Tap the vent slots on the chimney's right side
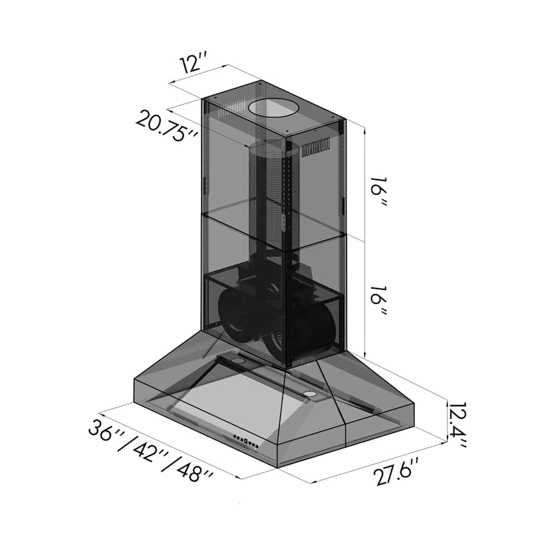click(x=316, y=147)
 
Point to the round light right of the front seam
click(x=311, y=396)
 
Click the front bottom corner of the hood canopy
click(x=278, y=467)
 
